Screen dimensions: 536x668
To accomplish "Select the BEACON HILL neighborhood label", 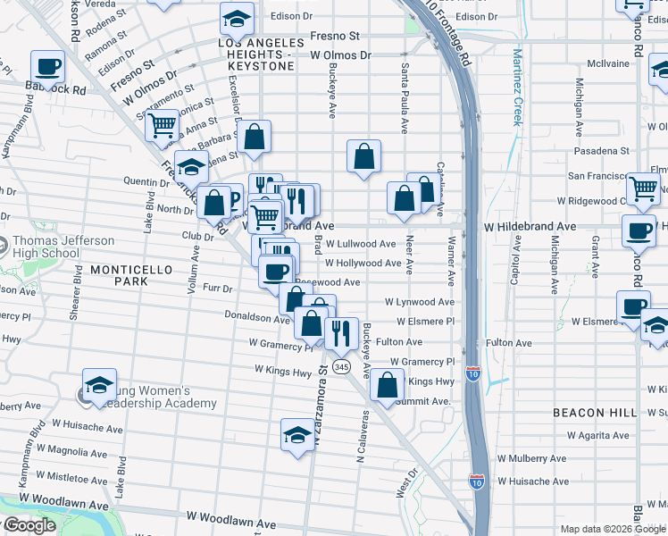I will (x=595, y=413).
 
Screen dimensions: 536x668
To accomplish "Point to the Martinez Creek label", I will (x=516, y=87).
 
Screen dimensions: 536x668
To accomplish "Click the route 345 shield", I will (x=340, y=366).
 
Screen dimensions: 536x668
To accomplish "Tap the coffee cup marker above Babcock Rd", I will (x=48, y=66).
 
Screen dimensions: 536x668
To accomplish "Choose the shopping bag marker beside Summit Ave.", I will (x=387, y=386).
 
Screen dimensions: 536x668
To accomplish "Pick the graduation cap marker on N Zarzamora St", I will (x=297, y=435).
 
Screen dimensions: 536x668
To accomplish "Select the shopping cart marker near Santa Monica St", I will (x=162, y=126).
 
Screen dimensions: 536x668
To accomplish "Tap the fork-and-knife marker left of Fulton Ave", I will (x=340, y=333).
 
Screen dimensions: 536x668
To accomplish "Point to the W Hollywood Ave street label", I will (x=363, y=264).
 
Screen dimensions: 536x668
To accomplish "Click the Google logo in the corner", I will (x=29, y=525).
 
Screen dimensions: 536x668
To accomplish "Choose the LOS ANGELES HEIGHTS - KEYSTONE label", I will (x=255, y=54).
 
